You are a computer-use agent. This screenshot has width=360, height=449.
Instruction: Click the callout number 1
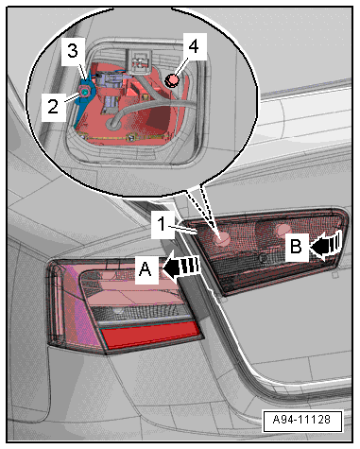pos(162,224)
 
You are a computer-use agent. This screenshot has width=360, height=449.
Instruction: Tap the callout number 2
pos(53,106)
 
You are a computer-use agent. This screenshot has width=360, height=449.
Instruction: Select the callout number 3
pos(73,51)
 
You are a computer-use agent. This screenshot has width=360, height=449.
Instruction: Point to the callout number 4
pos(194,46)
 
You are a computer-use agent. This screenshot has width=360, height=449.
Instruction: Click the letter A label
pos(146,269)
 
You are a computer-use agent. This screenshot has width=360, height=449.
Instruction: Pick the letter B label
pos(296,246)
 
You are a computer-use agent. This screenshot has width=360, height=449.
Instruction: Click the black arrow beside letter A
pos(181,267)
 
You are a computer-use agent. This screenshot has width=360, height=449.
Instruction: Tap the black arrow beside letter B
pos(326,244)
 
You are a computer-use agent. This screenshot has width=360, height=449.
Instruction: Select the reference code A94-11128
pos(302,420)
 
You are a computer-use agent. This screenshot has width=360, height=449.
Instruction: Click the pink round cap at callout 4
pos(171,80)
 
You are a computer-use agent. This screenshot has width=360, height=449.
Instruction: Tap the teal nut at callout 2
pos(84,92)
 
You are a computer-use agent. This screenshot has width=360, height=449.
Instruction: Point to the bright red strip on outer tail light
pos(151,335)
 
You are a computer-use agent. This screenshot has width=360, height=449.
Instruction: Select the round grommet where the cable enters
pos(112,124)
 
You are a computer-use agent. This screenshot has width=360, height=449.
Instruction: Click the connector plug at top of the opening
pos(138,61)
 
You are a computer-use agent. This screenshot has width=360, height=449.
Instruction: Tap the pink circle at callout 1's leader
pos(221,237)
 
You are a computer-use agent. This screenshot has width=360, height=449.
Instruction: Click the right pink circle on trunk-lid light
pos(283,231)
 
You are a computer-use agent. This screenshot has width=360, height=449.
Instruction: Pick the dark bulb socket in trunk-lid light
pos(262,258)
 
